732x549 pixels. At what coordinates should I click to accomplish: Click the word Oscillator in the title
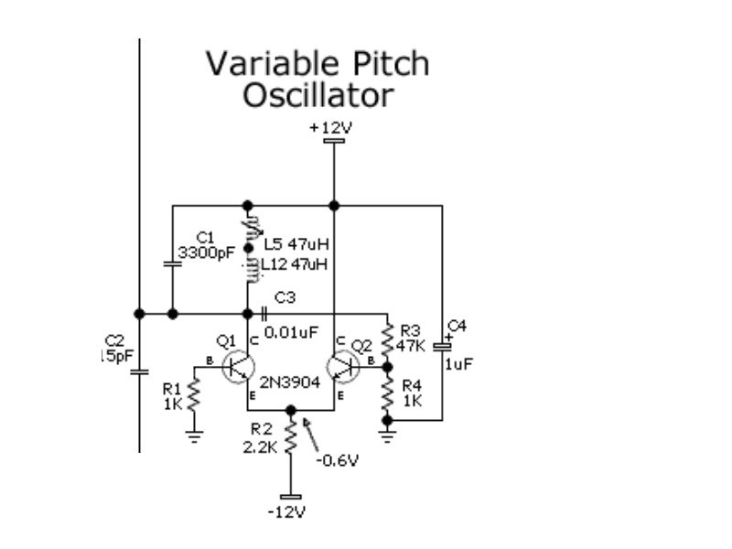[x=318, y=95]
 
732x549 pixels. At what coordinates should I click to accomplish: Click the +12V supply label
[x=329, y=128]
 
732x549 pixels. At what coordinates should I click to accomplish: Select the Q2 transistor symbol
[x=345, y=366]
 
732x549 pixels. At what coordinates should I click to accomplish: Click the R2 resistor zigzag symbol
[x=291, y=437]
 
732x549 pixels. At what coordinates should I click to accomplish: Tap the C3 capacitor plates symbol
[x=263, y=314]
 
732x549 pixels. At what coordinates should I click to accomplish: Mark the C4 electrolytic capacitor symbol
[x=443, y=345]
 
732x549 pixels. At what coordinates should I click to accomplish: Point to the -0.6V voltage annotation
[x=339, y=458]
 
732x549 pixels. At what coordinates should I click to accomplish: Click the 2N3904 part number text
[x=290, y=383]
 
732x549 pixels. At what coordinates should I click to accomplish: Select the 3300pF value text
[x=206, y=253]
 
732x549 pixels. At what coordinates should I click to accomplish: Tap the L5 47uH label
[x=296, y=244]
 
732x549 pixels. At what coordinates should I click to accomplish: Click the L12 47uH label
[x=295, y=264]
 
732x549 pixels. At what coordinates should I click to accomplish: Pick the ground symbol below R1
[x=194, y=436]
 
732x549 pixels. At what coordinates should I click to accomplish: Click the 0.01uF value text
[x=291, y=332]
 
